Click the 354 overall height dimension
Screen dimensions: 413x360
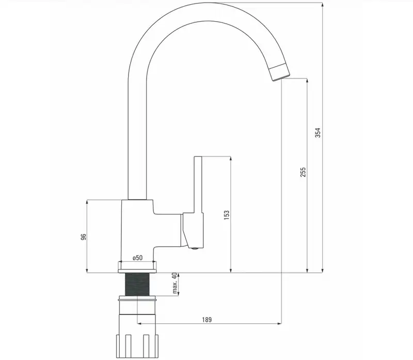(x=318, y=133)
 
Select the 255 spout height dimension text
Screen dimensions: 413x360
(x=303, y=172)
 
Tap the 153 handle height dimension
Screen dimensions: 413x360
(x=227, y=215)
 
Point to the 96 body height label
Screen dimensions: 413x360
(x=83, y=237)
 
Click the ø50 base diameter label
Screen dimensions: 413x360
(x=137, y=258)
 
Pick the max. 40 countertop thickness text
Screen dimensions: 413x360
(x=174, y=284)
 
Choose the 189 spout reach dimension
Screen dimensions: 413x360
(x=207, y=320)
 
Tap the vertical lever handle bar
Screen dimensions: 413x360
(x=198, y=184)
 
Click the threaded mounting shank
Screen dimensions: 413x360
(x=137, y=284)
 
